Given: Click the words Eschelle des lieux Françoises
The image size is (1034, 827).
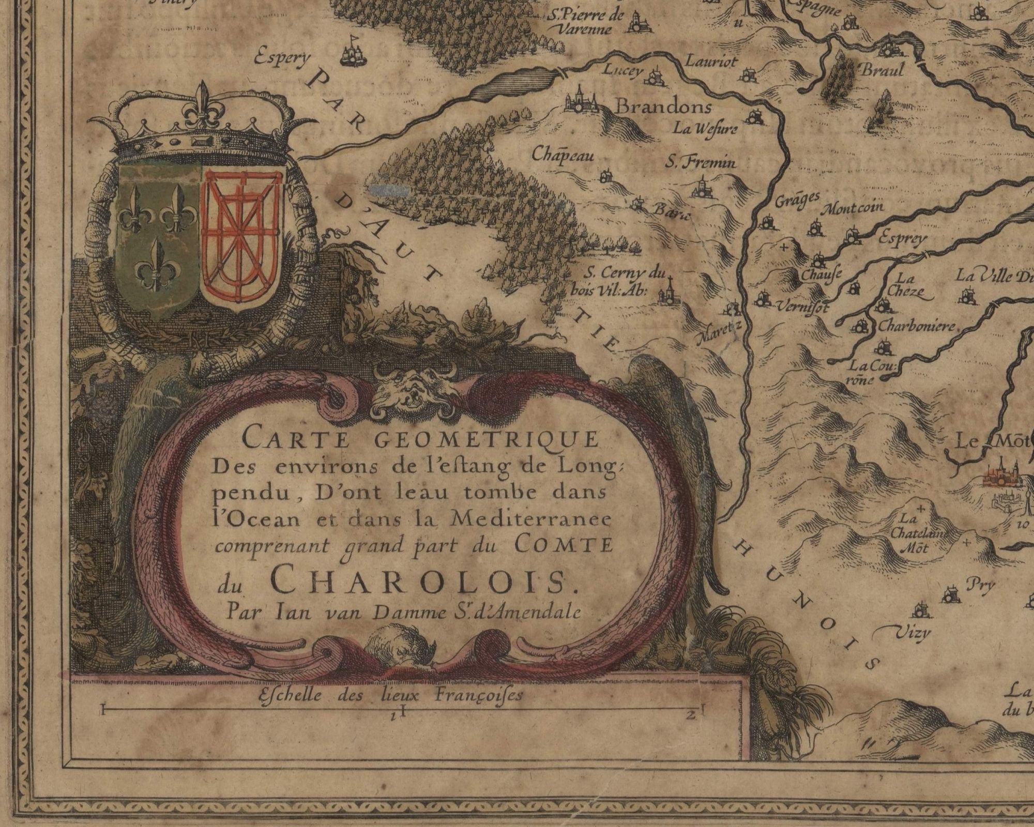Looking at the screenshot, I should click(390, 696).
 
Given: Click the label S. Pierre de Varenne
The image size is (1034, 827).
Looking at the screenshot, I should click(587, 22).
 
